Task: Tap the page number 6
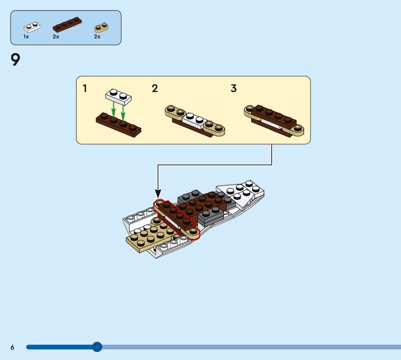pos(12,347)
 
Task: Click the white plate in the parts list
pos(31,26)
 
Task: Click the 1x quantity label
pos(26,37)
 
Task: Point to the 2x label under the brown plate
pos(56,37)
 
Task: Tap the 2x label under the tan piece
pos(97,37)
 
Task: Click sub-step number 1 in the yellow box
pos(85,89)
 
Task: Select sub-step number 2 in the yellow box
pos(155,89)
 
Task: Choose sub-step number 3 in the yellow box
pos(234,89)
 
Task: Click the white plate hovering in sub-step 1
pos(118,95)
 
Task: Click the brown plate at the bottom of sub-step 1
pos(118,124)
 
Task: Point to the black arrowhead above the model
pos(158,193)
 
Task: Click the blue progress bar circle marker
pos(97,346)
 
